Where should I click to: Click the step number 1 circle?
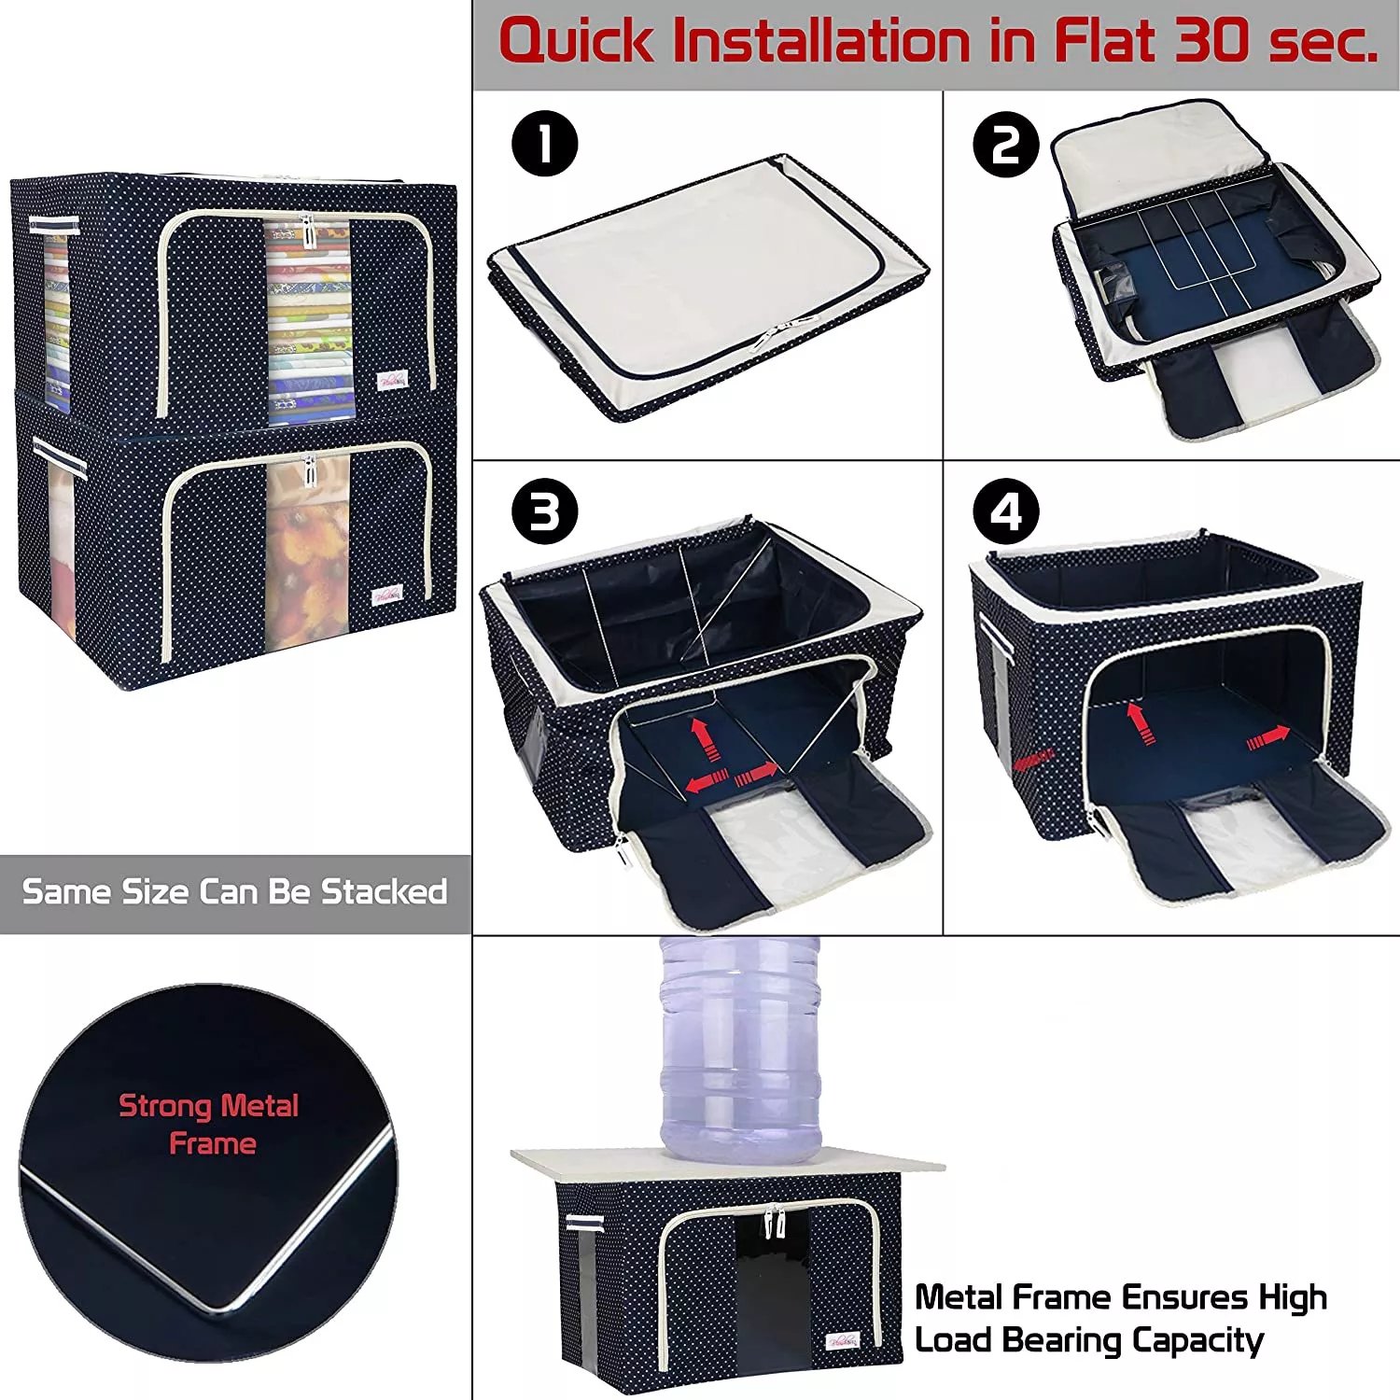point(545,144)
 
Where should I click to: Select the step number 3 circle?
point(545,511)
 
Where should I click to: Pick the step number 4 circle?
point(1006,511)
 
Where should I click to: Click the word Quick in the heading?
point(577,42)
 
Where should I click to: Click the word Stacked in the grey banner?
point(385,891)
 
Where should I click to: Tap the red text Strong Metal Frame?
point(209,1125)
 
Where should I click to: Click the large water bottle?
point(740,1049)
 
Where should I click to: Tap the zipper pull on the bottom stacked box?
point(307,471)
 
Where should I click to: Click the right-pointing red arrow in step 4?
point(1268,738)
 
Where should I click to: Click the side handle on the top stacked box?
point(54,225)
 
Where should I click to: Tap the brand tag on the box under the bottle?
point(843,1340)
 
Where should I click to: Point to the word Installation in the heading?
point(854,42)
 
